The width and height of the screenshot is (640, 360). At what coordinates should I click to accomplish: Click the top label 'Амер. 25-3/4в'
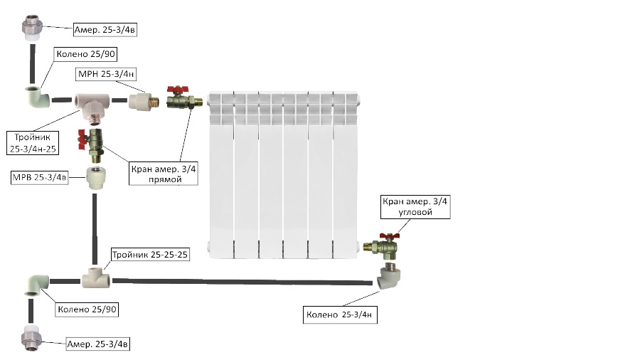[x=105, y=29]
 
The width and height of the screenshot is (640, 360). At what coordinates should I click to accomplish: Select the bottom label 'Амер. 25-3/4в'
[x=97, y=344]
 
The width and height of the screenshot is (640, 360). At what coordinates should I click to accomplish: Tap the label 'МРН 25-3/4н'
[x=106, y=74]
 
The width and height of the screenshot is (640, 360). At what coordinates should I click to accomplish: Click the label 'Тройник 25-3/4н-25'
[x=33, y=143]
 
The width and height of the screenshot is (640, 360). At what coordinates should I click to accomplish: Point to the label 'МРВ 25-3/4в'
[x=40, y=178]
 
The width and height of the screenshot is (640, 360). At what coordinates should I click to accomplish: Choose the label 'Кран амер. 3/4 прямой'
[x=164, y=174]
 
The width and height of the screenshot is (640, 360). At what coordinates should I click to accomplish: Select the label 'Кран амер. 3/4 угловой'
[x=415, y=206]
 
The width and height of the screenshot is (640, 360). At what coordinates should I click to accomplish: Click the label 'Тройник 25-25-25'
[x=150, y=254]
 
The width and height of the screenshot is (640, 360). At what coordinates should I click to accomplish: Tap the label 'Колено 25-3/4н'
[x=340, y=314]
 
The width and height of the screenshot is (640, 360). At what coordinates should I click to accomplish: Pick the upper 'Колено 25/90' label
[x=86, y=54]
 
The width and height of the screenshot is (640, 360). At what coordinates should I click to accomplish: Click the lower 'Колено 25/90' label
[x=87, y=309]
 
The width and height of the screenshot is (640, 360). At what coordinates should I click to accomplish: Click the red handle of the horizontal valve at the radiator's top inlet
[x=178, y=90]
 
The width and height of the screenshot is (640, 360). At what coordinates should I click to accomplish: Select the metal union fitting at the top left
[x=32, y=28]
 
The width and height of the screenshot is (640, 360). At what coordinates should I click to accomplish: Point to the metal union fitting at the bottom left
[x=31, y=337]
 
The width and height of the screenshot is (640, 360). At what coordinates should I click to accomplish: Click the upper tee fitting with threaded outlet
[x=92, y=105]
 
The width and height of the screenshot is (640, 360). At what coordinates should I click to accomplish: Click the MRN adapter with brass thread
[x=144, y=101]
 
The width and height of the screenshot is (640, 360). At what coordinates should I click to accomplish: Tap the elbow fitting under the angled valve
[x=388, y=276]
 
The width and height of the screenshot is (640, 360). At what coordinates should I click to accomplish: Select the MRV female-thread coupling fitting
[x=96, y=178]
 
